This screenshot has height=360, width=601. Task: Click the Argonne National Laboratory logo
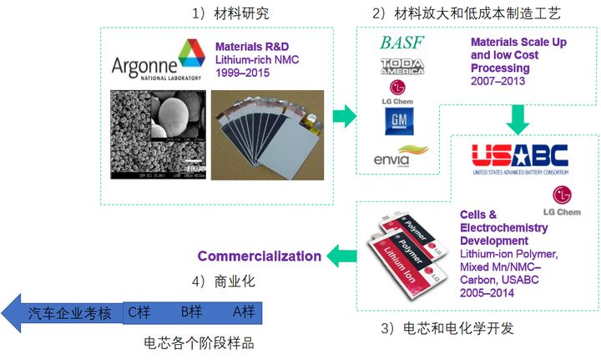pos(158,63)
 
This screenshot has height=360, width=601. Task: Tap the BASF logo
pos(403,43)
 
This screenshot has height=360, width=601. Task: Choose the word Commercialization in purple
pos(259,256)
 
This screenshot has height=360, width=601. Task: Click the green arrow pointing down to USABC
pos(518,119)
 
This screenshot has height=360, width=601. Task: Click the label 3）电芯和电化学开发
pos(447,328)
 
